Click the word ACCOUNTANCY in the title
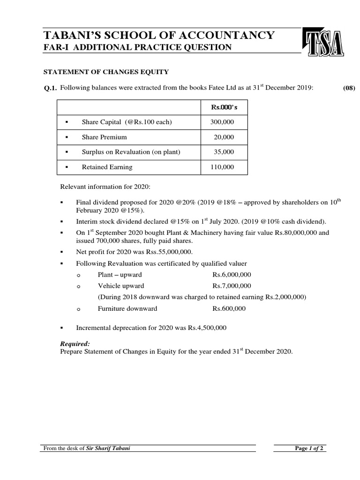coord(222,35)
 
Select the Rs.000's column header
coord(224,107)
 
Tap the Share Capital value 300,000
coord(223,122)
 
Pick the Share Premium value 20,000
coord(224,137)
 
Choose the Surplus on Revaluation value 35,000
coord(224,152)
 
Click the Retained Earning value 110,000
coord(223,167)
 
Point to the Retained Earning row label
coord(107,167)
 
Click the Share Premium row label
coord(104,137)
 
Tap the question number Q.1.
coord(50,87)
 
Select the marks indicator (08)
coord(349,87)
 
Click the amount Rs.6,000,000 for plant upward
coord(232,274)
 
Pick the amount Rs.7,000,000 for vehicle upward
coord(232,285)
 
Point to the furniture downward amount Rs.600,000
coord(229,308)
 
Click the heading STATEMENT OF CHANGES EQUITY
coord(106,72)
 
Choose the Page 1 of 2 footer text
coord(307,448)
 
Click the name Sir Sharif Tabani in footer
coord(108,448)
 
